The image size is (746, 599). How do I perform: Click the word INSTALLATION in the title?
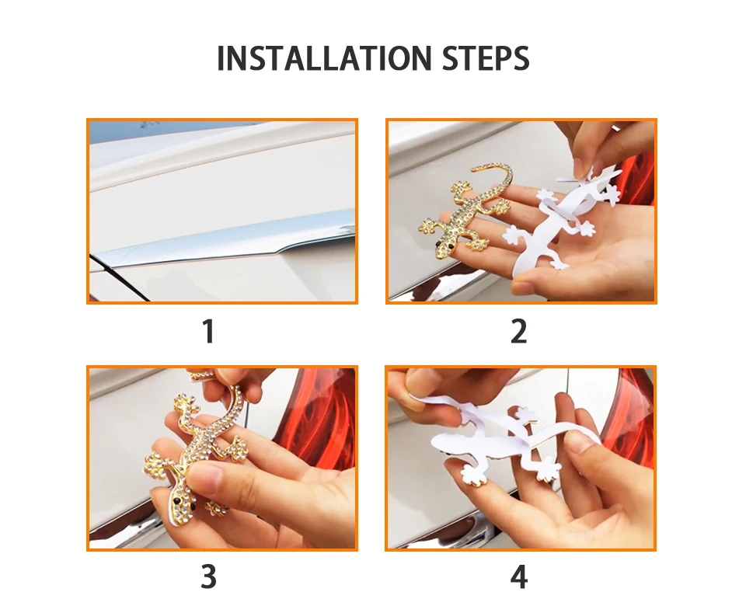[x=324, y=58]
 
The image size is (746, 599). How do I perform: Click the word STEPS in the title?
[x=485, y=58]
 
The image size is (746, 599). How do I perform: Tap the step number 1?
[x=208, y=331]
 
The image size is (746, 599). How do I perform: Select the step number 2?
[x=518, y=331]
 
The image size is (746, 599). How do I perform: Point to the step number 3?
[x=208, y=576]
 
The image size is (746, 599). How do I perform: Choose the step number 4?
[x=518, y=576]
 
